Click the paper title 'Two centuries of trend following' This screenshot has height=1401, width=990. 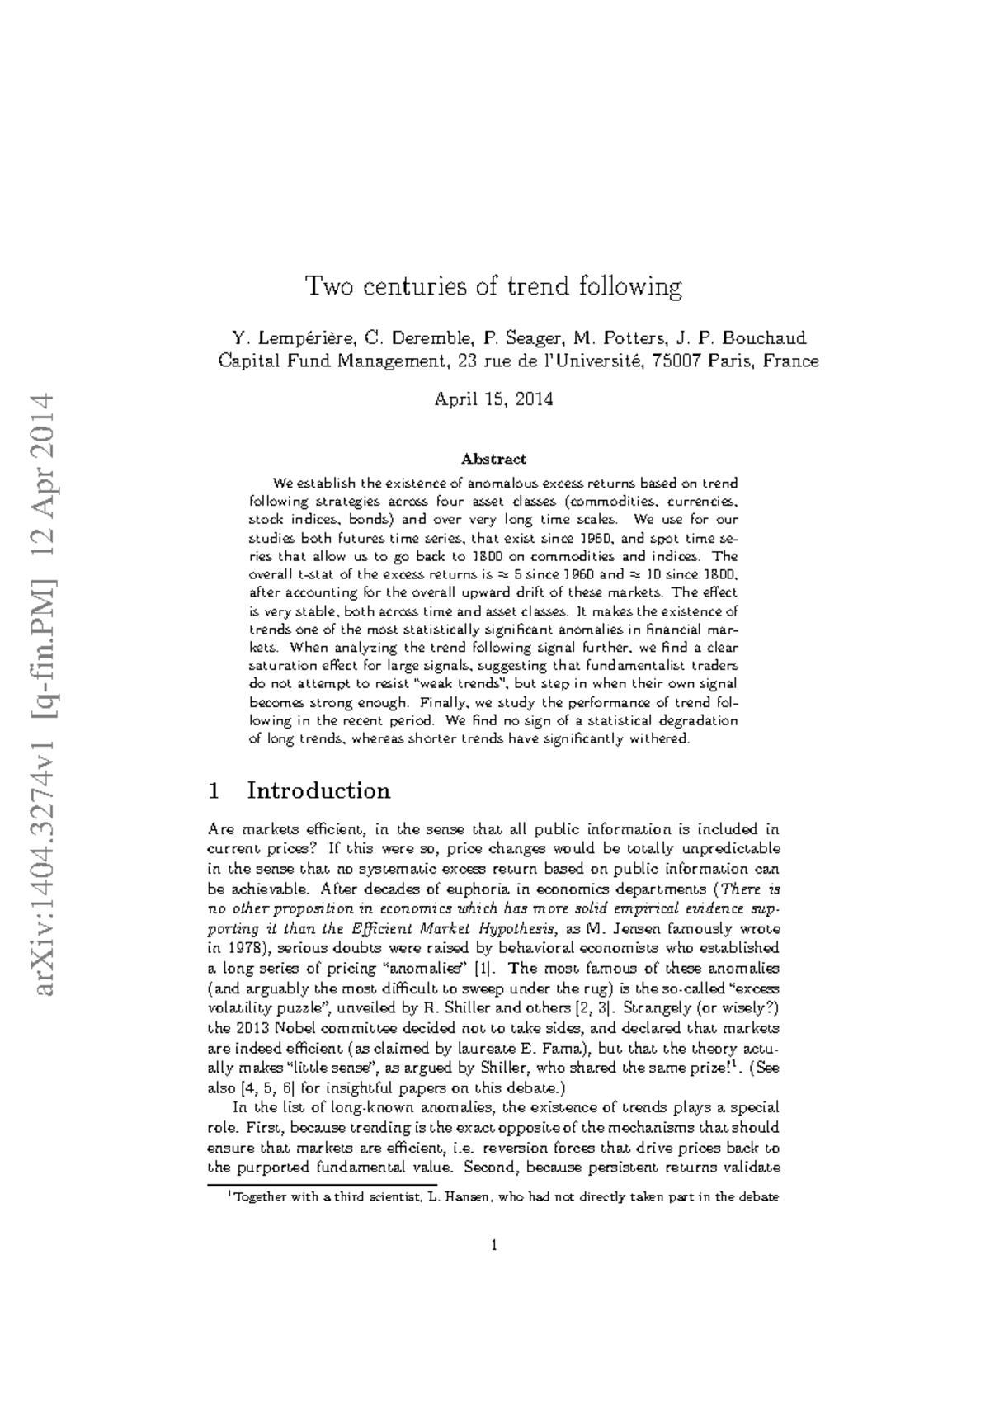coord(493,288)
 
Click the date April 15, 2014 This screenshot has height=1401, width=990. coord(493,400)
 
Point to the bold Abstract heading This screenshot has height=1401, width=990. coord(493,459)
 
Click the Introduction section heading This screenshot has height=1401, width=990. coord(318,791)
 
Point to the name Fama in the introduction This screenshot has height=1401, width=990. coord(564,1049)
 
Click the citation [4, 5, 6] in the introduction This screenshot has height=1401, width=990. coord(262,1089)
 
